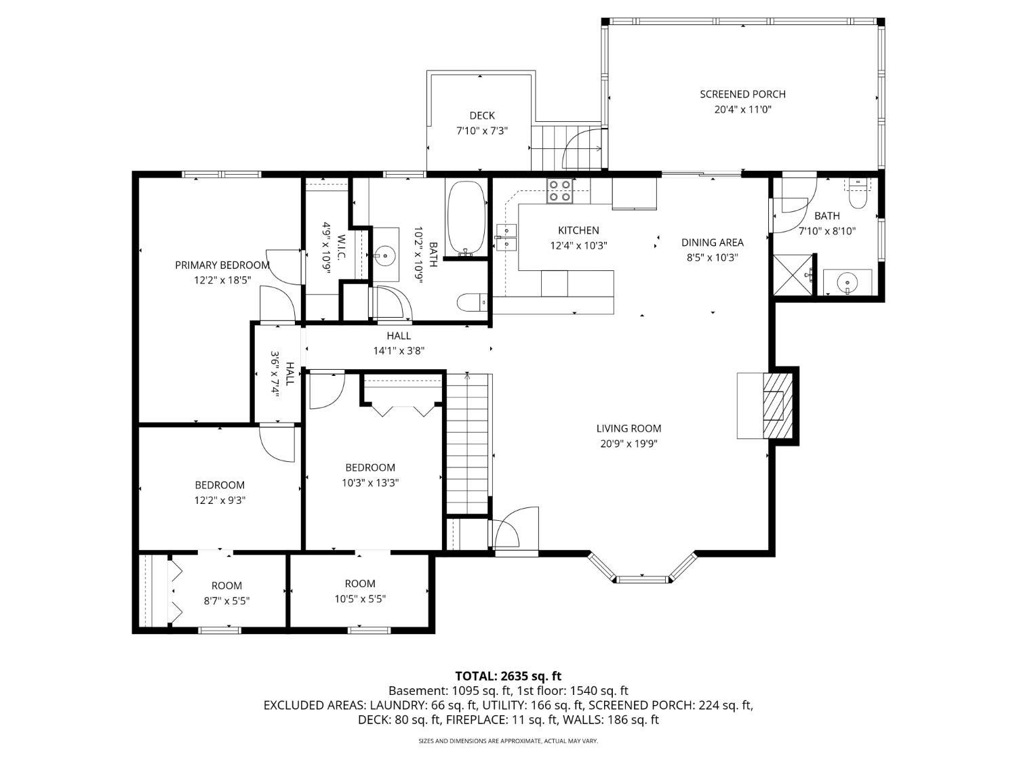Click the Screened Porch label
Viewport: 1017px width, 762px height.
point(742,94)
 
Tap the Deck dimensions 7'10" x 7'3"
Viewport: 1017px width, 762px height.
point(482,131)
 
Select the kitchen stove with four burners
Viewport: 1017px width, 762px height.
point(559,191)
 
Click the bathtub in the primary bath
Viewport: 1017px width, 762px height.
point(465,218)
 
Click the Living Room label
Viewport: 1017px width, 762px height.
point(629,429)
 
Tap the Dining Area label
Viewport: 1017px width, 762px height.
point(712,242)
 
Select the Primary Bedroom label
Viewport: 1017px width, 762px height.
point(222,265)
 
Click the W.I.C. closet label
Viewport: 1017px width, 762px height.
point(342,248)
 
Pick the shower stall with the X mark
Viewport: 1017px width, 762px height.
point(793,274)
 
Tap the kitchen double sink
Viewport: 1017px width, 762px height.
point(506,237)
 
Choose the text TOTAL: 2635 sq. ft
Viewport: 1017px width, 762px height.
point(509,676)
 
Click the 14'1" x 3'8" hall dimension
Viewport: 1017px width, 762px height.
point(399,351)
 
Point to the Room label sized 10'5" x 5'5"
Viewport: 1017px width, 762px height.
point(360,584)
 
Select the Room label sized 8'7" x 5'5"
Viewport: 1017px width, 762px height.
point(226,586)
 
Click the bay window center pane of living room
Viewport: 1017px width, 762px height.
point(641,578)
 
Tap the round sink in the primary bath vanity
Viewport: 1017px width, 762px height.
point(384,254)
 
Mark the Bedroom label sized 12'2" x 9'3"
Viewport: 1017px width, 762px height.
point(220,485)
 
